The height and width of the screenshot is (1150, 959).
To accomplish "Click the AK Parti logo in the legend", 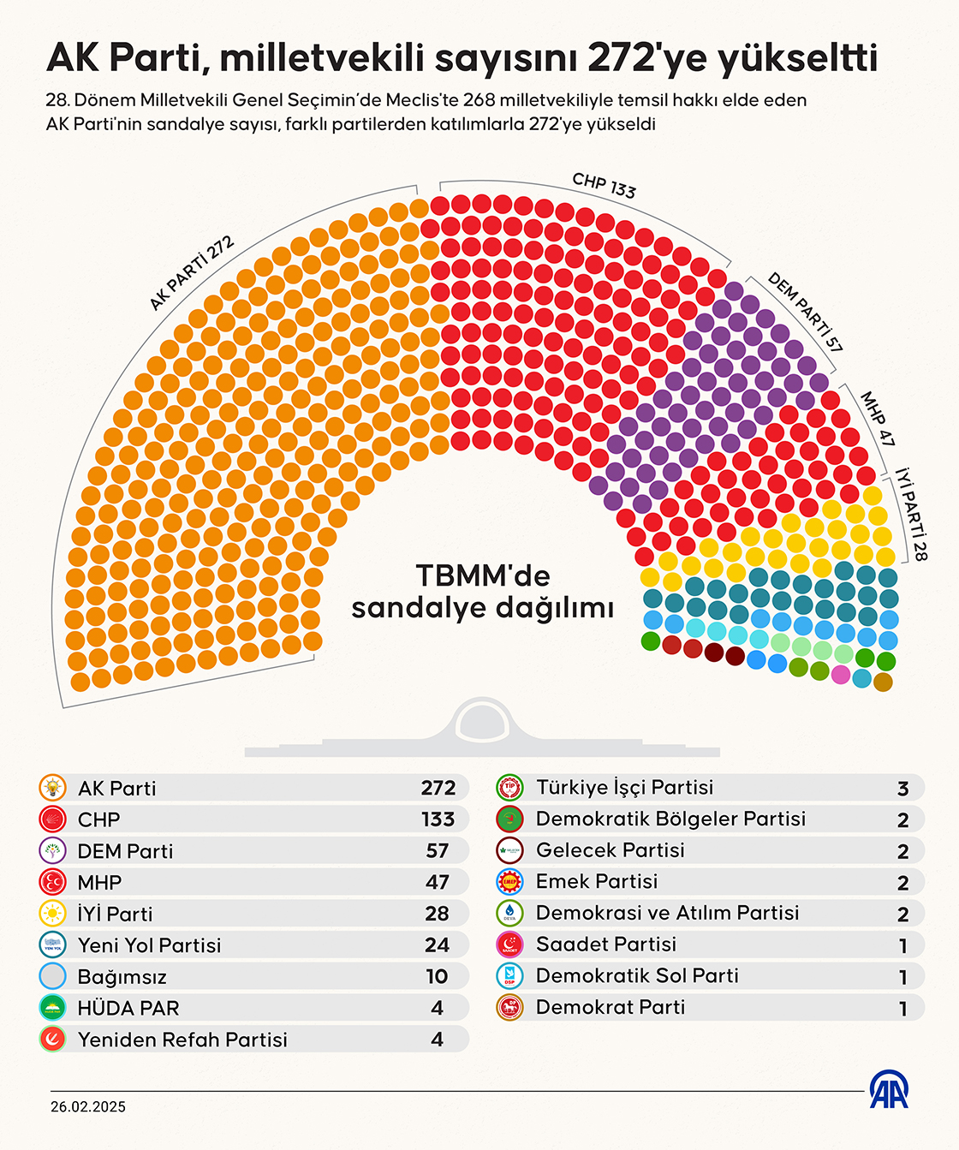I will point(53,788).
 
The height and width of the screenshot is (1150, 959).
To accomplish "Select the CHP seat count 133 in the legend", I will point(438,819).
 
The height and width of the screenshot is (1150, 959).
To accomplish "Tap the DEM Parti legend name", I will point(125,851).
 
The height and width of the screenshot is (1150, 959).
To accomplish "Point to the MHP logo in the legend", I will point(53,882).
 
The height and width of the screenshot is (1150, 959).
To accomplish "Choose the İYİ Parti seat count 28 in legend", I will point(437,914).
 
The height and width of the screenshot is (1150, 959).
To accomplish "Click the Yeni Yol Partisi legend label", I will point(149,945).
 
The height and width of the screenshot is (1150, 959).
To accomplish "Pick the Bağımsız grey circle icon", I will point(53,976).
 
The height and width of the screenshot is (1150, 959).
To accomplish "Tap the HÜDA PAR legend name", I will point(128,1008).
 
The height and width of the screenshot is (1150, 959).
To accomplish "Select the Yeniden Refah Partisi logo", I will point(53,1040).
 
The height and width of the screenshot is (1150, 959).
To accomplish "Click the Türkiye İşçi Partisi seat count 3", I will point(902,789).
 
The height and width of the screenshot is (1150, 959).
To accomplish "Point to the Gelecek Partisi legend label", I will point(610,850).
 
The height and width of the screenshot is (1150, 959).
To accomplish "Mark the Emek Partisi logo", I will point(510,882).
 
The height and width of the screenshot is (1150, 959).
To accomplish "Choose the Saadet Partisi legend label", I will point(605,944).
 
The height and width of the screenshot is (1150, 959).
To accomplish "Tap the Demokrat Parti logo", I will point(510,1008).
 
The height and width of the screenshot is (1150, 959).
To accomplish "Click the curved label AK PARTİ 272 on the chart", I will point(192,273).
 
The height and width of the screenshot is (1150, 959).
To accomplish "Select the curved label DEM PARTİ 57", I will point(805,313).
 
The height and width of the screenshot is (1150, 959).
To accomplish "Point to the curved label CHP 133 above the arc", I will point(604,185).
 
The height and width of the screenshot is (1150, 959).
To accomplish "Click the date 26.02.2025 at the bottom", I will point(88,1106).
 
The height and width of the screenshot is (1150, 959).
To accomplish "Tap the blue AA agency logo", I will point(890,1089).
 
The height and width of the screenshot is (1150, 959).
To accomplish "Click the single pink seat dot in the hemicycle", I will point(841,674).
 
